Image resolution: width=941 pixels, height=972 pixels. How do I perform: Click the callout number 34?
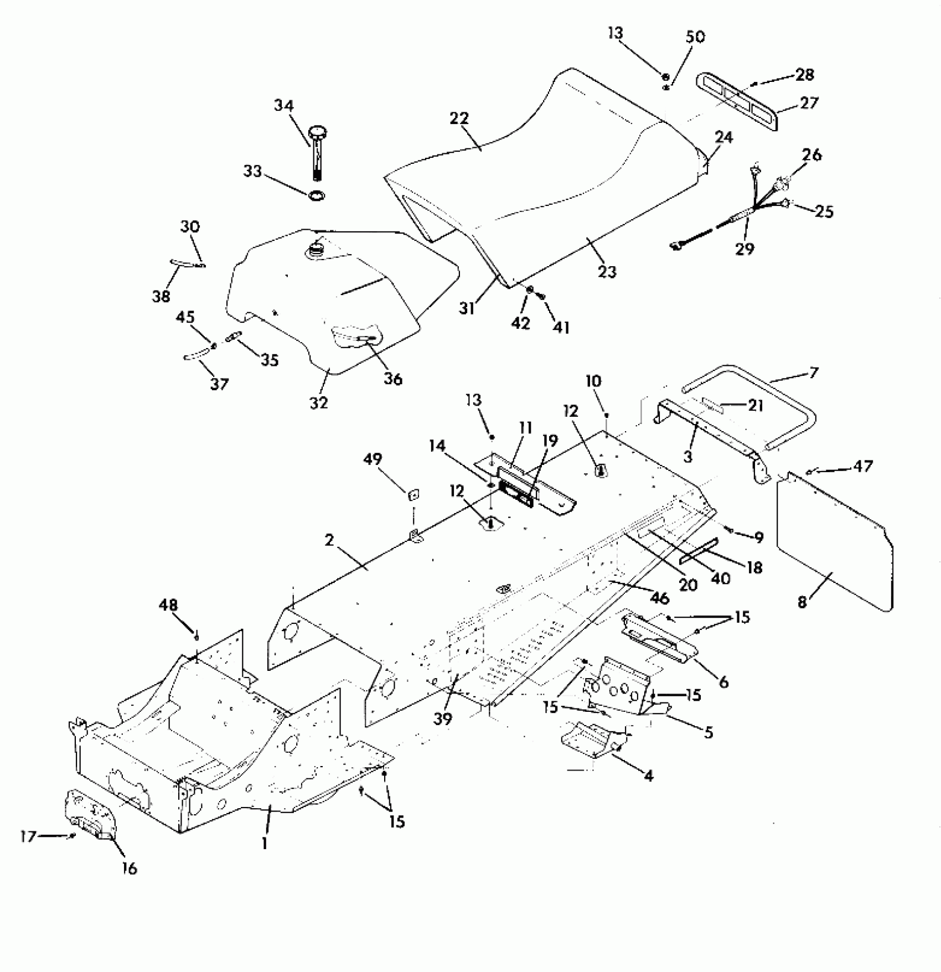point(284,106)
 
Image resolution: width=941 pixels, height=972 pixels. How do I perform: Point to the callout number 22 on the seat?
point(459,118)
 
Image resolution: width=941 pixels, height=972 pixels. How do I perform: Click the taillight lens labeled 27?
point(736,102)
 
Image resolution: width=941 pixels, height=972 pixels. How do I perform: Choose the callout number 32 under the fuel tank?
point(319,402)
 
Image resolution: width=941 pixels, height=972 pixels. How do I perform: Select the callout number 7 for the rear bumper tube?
point(813,373)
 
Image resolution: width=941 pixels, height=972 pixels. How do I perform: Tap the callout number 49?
point(373,459)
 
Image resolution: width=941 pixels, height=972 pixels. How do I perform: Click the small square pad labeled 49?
point(413,494)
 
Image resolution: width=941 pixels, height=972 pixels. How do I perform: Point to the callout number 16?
point(129,868)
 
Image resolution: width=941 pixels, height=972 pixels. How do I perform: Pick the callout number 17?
point(28,836)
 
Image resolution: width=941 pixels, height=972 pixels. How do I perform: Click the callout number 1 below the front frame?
point(265,844)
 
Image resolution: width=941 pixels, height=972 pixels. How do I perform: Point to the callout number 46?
point(660,598)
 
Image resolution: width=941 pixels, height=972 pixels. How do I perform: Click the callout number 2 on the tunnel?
point(329,540)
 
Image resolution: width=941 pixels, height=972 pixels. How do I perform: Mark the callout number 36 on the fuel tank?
point(393,379)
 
